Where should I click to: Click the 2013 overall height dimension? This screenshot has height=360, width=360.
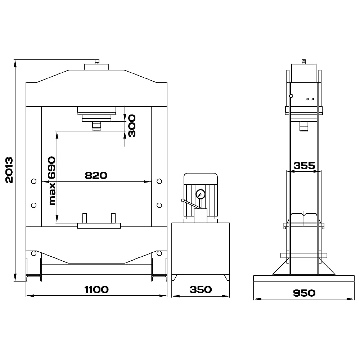[x=9, y=170]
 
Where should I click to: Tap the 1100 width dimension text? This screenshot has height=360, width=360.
[x=96, y=289]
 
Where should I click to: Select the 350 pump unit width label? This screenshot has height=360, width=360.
[x=201, y=289]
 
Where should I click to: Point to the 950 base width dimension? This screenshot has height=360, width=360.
[x=304, y=293]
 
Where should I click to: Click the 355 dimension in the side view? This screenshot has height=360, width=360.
[x=305, y=166]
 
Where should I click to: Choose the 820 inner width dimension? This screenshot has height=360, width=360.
[x=96, y=175]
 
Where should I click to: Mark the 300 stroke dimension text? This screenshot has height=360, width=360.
[x=131, y=126]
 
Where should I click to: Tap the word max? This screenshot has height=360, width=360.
[x=52, y=194]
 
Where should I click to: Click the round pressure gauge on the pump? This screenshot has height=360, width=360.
[x=201, y=194]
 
